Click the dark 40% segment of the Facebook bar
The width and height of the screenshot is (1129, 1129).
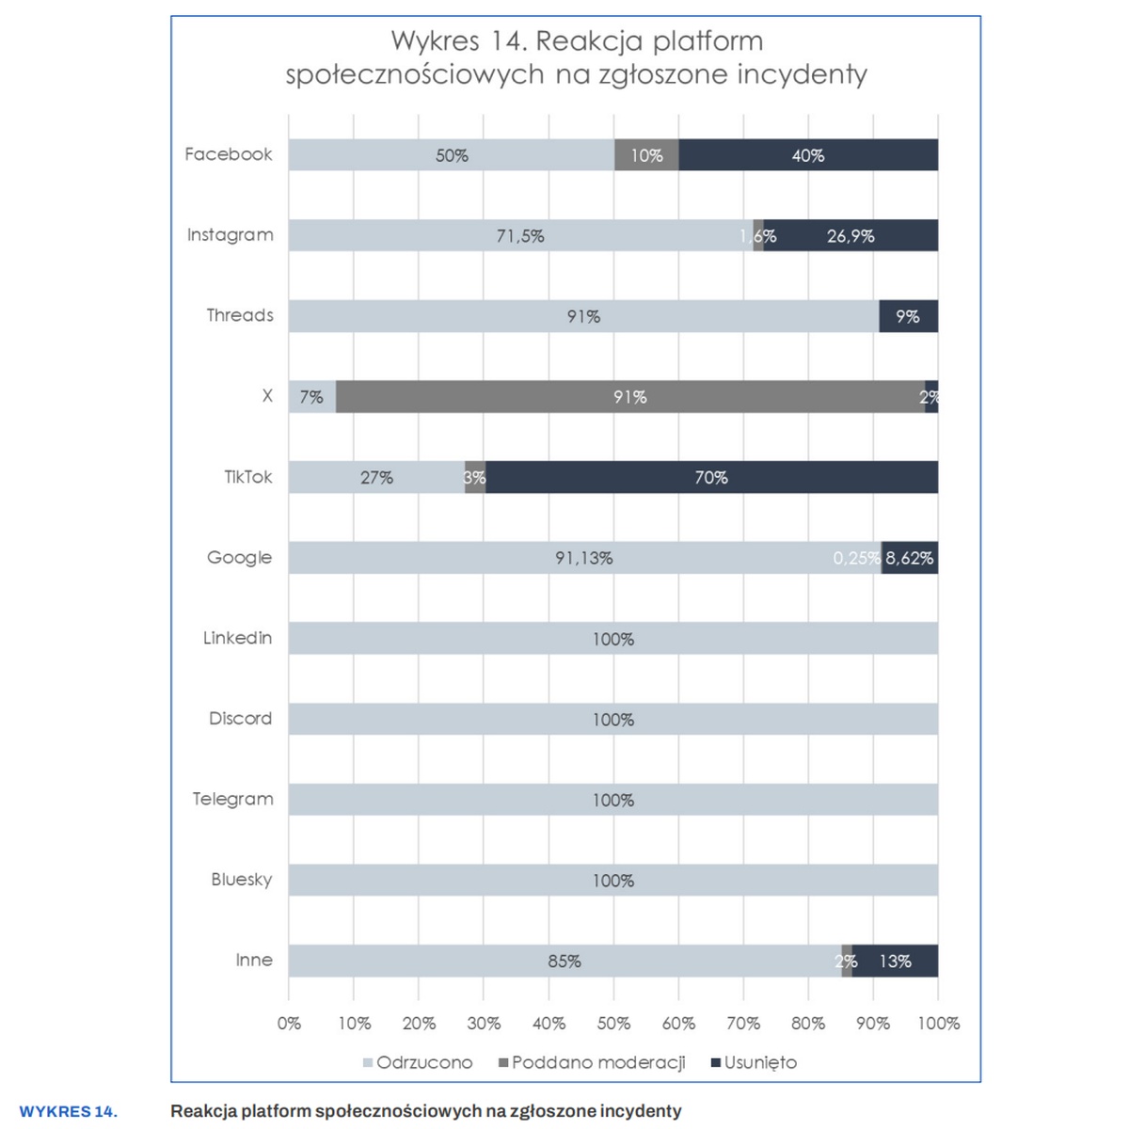[x=807, y=155]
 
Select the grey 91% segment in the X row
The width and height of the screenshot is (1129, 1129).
[x=629, y=397]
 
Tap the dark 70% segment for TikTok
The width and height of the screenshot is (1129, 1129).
[x=711, y=477]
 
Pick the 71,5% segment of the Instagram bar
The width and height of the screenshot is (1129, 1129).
[x=520, y=235]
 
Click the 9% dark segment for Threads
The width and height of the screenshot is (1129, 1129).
[x=908, y=316]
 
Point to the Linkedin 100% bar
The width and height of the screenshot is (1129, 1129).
[x=612, y=639]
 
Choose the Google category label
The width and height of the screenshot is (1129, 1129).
[x=240, y=558]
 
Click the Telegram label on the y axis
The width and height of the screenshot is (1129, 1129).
[x=232, y=800]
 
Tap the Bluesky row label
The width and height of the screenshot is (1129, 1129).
[x=241, y=881]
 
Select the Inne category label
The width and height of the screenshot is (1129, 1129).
[x=254, y=961]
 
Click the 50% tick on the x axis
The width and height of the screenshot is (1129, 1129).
[x=613, y=1024]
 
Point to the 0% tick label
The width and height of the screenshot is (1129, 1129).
[x=289, y=1024]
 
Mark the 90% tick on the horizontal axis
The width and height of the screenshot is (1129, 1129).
[x=873, y=1024]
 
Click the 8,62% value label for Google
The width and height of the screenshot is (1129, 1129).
[x=909, y=558]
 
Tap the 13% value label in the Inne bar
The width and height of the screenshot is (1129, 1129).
[x=895, y=962]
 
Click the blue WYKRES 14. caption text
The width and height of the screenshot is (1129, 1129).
[x=69, y=1112]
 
